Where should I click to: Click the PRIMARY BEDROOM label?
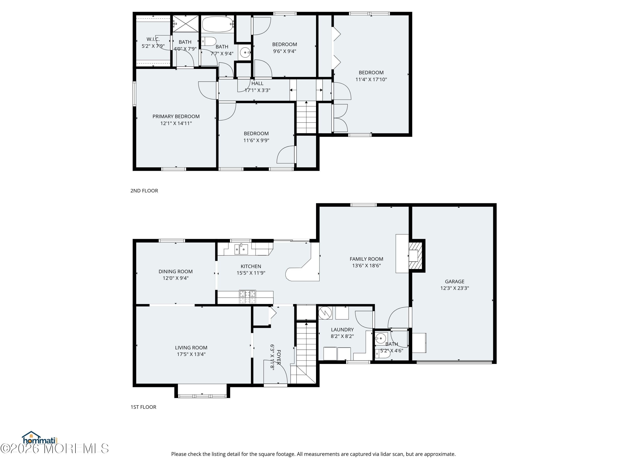click(x=176, y=116)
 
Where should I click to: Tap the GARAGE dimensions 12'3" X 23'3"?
click(x=454, y=288)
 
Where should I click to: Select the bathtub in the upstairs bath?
click(x=217, y=24)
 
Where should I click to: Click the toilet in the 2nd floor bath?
click(x=209, y=41)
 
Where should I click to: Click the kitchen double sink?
click(x=241, y=249)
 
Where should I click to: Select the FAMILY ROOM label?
click(x=366, y=259)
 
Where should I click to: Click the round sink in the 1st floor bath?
click(x=380, y=338)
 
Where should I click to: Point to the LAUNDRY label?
click(x=342, y=329)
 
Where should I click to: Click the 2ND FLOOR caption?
click(x=144, y=191)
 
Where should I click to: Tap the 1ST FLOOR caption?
click(x=143, y=407)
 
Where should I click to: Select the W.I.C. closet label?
click(x=153, y=39)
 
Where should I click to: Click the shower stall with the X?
click(x=186, y=24)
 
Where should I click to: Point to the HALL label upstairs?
click(x=257, y=83)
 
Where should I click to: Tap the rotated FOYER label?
click(x=279, y=357)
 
